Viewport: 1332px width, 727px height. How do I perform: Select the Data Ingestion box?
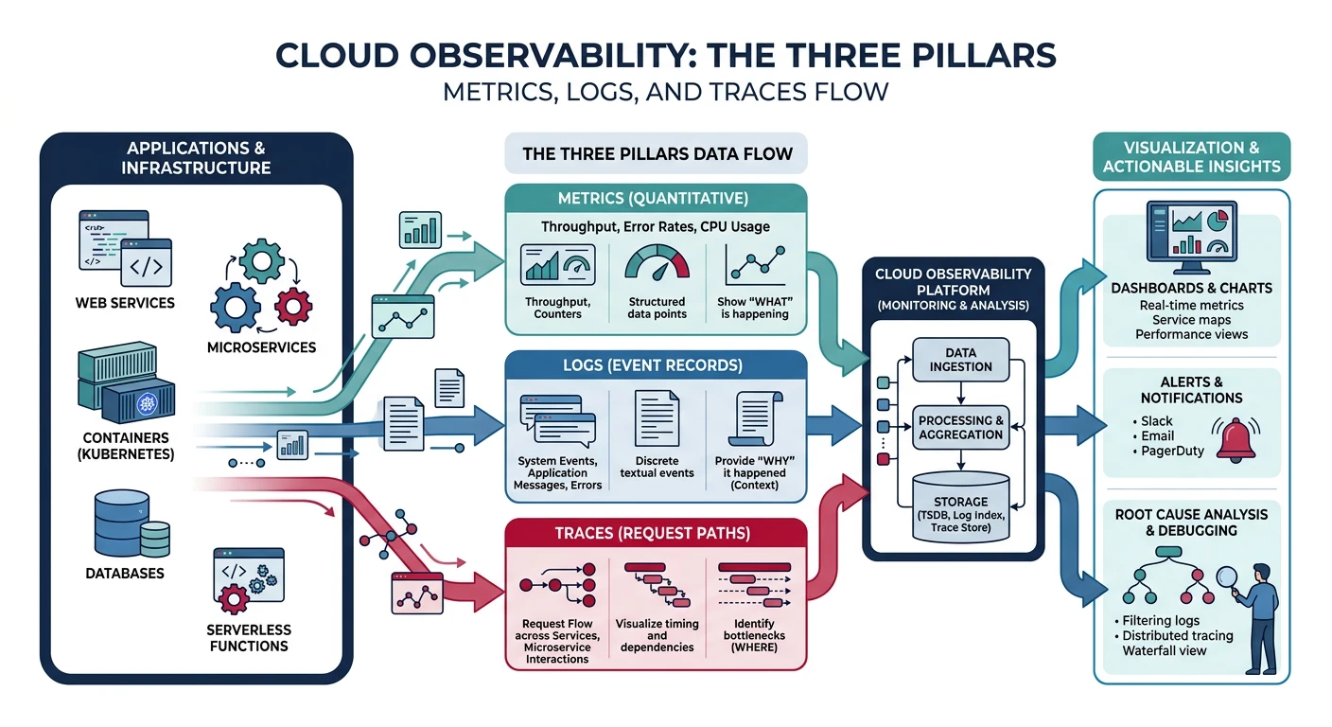click(960, 360)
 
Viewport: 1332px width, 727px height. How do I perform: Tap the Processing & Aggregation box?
click(960, 428)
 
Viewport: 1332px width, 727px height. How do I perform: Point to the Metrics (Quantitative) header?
click(656, 199)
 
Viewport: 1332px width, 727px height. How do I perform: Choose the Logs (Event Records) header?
click(656, 365)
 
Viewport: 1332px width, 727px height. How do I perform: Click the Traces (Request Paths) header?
click(656, 533)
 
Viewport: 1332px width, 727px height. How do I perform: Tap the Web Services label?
click(125, 303)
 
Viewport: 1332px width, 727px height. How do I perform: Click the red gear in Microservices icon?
click(291, 305)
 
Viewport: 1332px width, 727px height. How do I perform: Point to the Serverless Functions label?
click(248, 638)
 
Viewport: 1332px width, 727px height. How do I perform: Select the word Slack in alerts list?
click(1156, 420)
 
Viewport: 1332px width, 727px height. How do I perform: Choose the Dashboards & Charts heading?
click(1191, 288)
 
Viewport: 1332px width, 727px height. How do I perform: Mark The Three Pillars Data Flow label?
click(657, 153)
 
